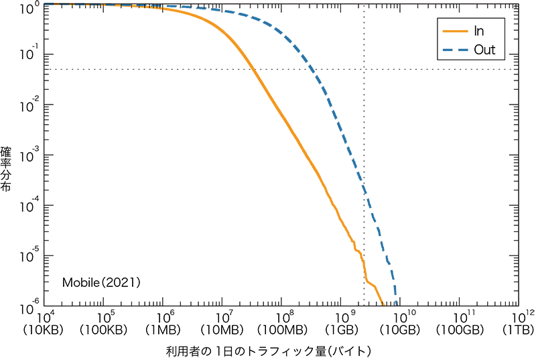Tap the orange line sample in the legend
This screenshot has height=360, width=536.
[x=454, y=31]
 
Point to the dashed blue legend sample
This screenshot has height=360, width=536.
[x=454, y=50]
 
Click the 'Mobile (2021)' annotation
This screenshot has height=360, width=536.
[x=101, y=283]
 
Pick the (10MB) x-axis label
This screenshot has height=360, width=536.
[x=224, y=330]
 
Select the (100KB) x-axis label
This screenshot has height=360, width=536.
[x=105, y=330]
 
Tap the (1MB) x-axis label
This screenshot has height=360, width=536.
[x=165, y=330]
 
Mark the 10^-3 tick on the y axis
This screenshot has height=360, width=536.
[x=32, y=155]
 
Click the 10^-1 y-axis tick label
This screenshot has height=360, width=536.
[x=32, y=55]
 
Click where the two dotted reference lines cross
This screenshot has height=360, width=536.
[x=364, y=69]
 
